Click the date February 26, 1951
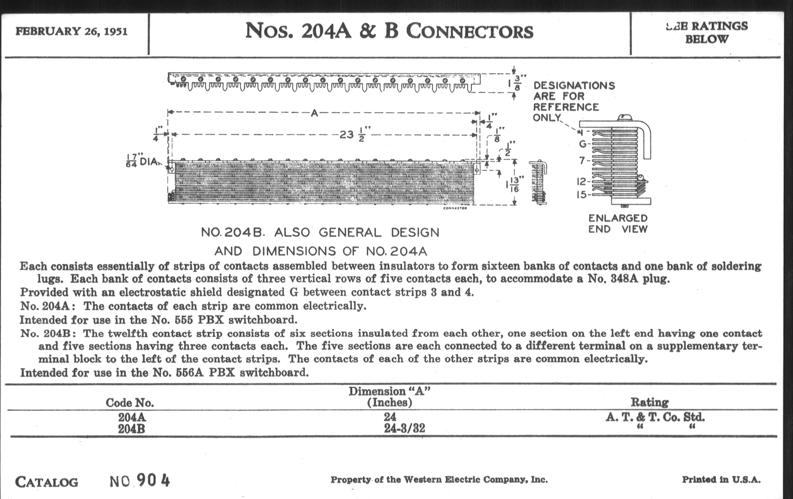[x=71, y=31]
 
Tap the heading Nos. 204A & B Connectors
[x=389, y=31]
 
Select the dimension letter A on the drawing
[x=315, y=113]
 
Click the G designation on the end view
[x=583, y=144]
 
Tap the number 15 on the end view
[x=582, y=195]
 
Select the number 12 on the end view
[x=582, y=181]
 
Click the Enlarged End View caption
[x=618, y=223]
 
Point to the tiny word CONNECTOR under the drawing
[x=455, y=208]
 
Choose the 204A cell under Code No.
[x=132, y=417]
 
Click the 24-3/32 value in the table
[x=404, y=428]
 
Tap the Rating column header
[x=650, y=402]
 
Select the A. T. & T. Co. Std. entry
[x=655, y=417]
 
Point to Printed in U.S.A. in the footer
[x=721, y=479]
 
